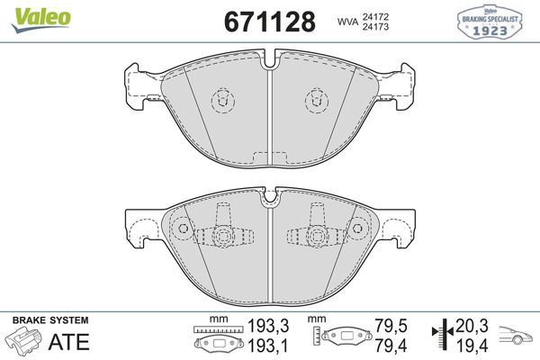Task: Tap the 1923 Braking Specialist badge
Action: [x=492, y=21]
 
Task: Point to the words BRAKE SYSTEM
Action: [x=49, y=320]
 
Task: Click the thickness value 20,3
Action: [x=473, y=328]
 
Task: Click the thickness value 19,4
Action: [x=473, y=345]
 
